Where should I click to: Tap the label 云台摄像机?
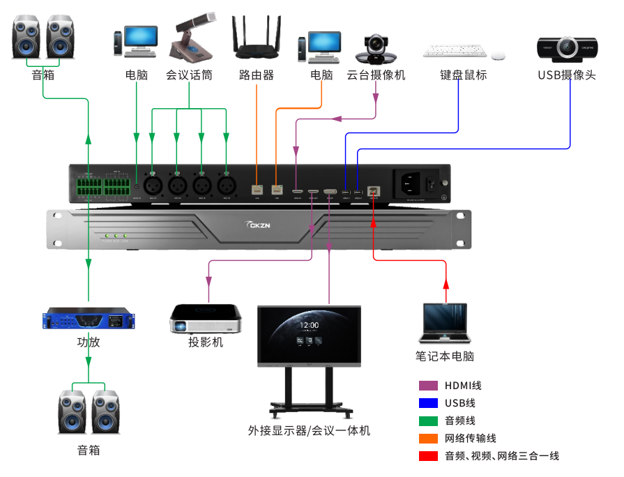pos(376,75)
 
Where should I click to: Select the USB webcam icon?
pos(567,48)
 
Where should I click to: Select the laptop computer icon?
pos(445,325)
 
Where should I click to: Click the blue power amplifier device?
pos(88,319)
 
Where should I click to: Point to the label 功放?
pos(88,342)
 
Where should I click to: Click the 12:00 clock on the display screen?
pos(309,325)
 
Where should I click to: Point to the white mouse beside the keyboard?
pos(498,55)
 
